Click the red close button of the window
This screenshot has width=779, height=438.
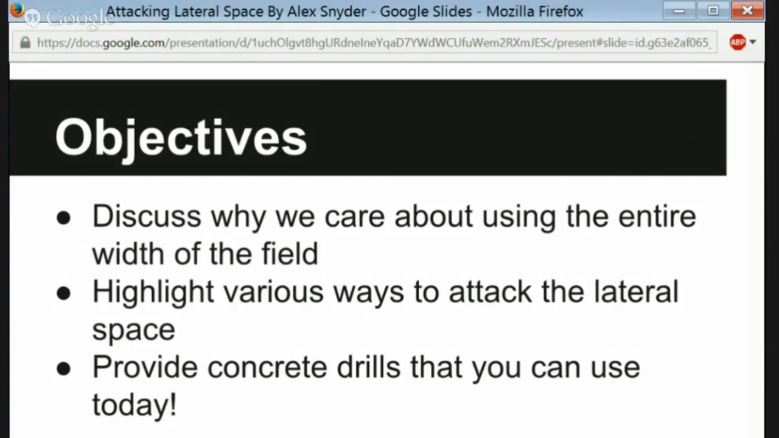747,10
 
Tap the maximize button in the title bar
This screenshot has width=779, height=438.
713,10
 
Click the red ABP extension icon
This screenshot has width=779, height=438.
738,42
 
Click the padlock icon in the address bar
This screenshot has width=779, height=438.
25,43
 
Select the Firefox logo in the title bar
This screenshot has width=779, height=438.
17,10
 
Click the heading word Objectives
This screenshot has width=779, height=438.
181,138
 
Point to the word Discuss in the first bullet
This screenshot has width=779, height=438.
147,217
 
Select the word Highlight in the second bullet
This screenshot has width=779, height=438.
153,293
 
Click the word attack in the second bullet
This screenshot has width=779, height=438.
490,292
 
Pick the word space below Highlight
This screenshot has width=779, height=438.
133,331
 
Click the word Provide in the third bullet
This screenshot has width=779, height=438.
145,367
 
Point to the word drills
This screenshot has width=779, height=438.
369,367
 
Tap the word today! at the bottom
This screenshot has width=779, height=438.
134,405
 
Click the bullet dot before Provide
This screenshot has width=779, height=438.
64,369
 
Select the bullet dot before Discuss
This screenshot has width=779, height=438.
64,218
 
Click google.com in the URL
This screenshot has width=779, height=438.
133,43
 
